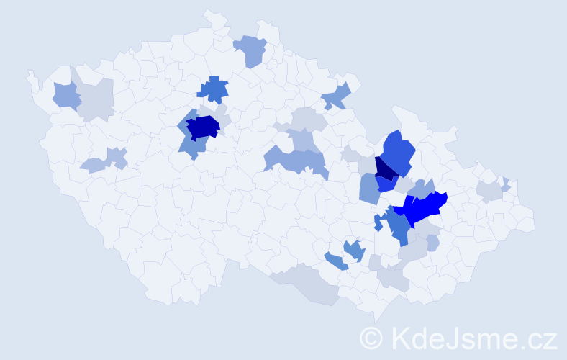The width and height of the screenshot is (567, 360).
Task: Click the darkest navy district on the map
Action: (384, 168)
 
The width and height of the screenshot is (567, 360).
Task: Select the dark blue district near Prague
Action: (202, 127)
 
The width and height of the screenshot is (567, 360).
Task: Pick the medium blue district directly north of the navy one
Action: (398, 151)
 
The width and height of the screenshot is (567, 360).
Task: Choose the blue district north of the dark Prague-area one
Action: (214, 89)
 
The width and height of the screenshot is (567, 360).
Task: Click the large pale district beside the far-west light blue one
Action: (96, 100)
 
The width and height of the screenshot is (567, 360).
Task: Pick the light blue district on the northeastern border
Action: (336, 96)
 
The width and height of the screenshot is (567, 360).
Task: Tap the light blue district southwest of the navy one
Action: (368, 189)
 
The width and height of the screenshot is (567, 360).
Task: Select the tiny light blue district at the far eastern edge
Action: (506, 183)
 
